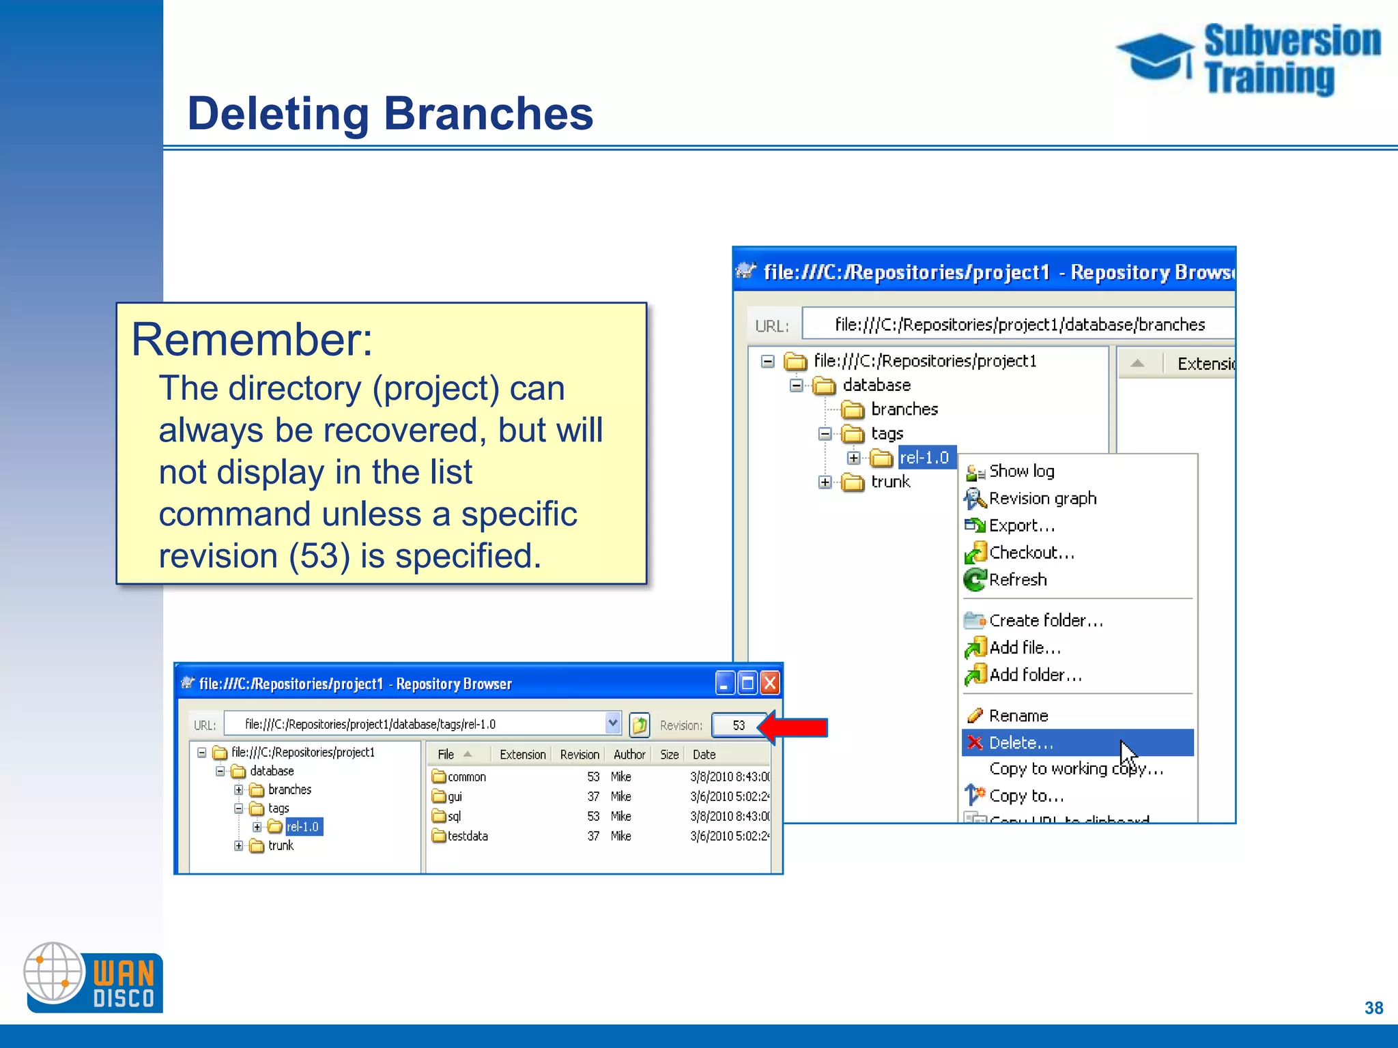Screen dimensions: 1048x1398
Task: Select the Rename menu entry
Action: tap(1018, 716)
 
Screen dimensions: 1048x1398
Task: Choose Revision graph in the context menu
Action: tap(1042, 499)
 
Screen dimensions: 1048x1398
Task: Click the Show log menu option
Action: tap(1021, 471)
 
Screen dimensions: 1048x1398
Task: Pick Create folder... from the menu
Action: tap(1045, 620)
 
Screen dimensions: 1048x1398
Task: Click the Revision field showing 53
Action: tap(738, 725)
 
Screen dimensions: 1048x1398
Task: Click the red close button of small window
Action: tap(770, 683)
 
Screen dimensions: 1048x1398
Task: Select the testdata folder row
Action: tap(468, 836)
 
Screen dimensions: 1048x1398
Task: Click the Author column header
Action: tap(629, 755)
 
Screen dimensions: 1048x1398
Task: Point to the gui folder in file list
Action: tap(455, 796)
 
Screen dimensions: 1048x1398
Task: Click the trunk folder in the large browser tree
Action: tap(890, 482)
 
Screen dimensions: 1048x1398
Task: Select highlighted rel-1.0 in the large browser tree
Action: tap(925, 458)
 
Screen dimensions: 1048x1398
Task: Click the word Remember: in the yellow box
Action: tap(252, 339)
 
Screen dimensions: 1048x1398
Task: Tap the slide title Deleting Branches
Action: tap(390, 113)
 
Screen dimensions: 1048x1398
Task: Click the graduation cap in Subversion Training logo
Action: tap(1155, 56)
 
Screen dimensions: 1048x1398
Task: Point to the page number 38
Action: tap(1373, 1008)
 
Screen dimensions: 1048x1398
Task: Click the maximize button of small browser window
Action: tap(747, 683)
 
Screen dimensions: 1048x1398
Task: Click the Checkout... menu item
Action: tap(1031, 553)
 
